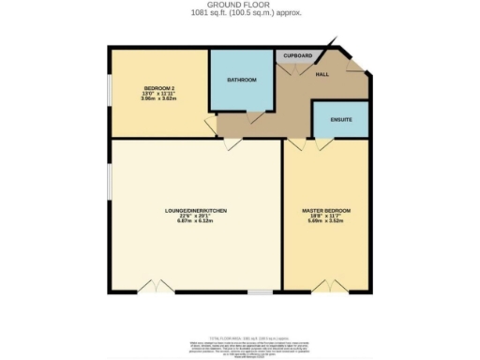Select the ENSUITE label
click(339, 120)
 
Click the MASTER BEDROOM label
click(325, 211)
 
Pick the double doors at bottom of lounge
click(161, 286)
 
